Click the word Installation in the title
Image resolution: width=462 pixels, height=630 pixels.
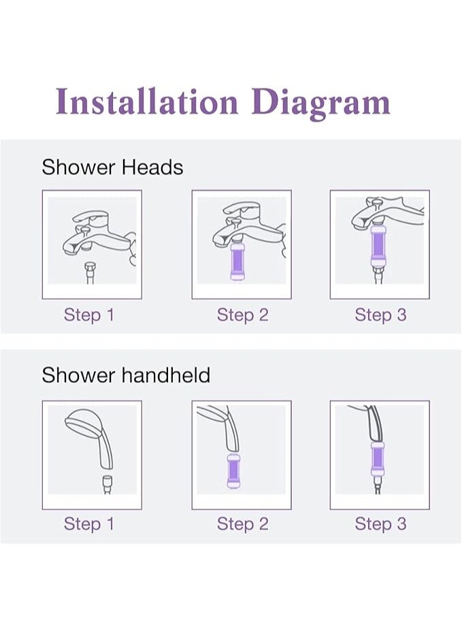coord(147,101)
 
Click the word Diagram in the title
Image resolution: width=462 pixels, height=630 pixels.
coord(320,103)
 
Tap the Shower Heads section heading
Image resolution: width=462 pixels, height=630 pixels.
coord(112,168)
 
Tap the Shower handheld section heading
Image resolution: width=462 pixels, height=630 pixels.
coord(126,375)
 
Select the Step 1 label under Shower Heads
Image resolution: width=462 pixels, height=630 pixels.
coord(89,315)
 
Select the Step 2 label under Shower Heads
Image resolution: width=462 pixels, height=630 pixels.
coord(242,315)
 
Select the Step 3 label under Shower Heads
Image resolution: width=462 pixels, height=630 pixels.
coord(380,315)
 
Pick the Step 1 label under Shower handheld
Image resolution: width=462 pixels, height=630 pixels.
coord(89,524)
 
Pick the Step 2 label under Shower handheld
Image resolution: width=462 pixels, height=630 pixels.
coord(242,524)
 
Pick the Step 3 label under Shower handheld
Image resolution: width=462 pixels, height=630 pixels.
coord(380,524)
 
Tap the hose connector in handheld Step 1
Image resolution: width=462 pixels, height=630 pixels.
coord(106,483)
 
